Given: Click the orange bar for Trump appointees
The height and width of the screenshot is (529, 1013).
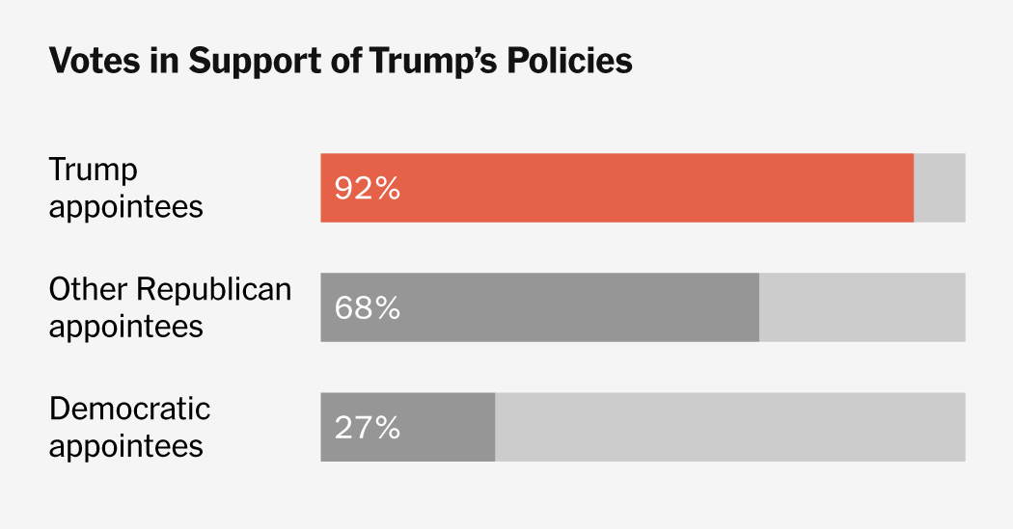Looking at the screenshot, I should pyautogui.click(x=617, y=188).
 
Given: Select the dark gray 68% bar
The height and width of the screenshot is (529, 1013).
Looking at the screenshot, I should pyautogui.click(x=540, y=307).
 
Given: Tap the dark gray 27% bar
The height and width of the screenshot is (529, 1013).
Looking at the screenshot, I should pyautogui.click(x=408, y=427).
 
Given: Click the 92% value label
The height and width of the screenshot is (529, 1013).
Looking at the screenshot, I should pyautogui.click(x=367, y=188).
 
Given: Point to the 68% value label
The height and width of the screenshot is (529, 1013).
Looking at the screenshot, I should pyautogui.click(x=367, y=307).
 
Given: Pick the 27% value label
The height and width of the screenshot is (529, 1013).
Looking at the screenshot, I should pyautogui.click(x=367, y=427).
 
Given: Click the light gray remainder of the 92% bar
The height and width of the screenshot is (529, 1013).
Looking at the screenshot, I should pyautogui.click(x=939, y=188).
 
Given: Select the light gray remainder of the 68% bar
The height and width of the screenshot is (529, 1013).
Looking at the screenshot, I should pyautogui.click(x=862, y=307).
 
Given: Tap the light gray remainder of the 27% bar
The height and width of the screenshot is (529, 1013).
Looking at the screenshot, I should pyautogui.click(x=729, y=427).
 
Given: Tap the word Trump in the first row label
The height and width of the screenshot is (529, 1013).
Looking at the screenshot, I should pyautogui.click(x=94, y=171).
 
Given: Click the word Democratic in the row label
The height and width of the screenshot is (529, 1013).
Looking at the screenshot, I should pyautogui.click(x=129, y=409).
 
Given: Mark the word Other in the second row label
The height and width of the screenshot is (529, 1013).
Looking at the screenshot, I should pyautogui.click(x=88, y=289).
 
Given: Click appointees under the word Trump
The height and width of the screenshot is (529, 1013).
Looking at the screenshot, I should pyautogui.click(x=125, y=207).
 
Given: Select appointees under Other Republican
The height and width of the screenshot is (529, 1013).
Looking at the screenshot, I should pyautogui.click(x=125, y=327).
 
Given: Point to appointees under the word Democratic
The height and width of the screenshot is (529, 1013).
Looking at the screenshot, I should pyautogui.click(x=125, y=446).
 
